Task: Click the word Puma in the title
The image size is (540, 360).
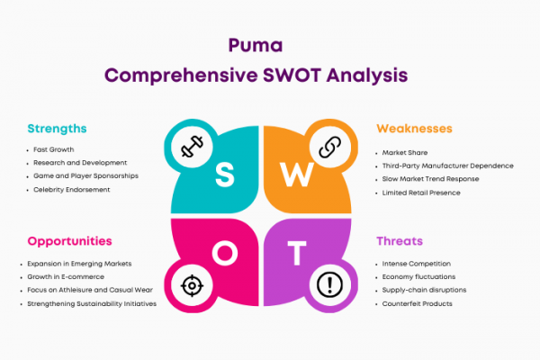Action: coord(256,46)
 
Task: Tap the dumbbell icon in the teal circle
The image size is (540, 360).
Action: coord(192,147)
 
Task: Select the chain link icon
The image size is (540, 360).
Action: coord(330,147)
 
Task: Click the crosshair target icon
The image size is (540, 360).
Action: coord(192,285)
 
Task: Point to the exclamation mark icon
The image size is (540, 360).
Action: coord(329,285)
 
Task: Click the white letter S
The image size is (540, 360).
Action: coord(224,175)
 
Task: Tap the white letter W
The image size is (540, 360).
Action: coord(296,175)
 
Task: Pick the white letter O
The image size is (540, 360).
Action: coord(225,253)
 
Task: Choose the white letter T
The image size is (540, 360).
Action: coord(297,253)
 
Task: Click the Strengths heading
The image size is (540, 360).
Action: coord(58,129)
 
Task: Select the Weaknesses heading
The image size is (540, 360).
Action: coord(414,129)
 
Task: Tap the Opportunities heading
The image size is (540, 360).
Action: coord(70,241)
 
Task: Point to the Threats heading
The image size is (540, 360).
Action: coord(400,241)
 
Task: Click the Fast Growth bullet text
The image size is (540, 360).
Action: coord(54,149)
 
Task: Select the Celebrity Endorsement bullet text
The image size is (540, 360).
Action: coord(72,190)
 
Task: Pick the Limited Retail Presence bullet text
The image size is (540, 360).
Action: coord(421,193)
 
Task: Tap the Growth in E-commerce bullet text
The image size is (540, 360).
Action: coord(66,276)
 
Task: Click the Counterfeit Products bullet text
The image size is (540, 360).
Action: coord(417,304)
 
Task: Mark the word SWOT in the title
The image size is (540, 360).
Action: coord(292,76)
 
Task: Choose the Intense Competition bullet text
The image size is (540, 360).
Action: coord(417,264)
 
